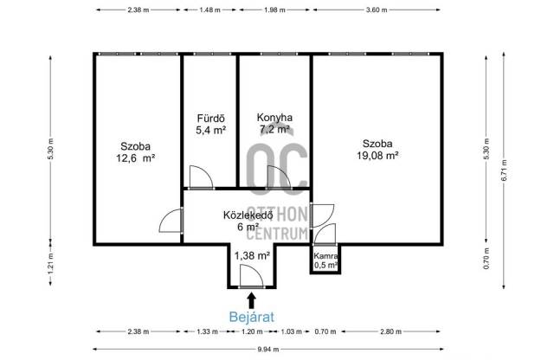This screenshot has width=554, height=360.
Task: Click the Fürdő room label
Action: click(211, 119)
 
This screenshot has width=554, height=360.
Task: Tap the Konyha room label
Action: click(274, 118)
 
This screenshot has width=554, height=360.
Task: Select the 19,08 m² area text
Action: click(377, 156)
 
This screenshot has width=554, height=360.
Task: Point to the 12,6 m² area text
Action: click(136, 157)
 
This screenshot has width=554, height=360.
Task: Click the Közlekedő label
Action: click(248, 215)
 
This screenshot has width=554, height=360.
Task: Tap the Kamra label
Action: click(325, 256)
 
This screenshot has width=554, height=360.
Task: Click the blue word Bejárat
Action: click(252, 317)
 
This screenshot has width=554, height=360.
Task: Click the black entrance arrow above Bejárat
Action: click(252, 301)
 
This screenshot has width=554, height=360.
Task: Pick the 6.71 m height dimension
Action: click(504, 170)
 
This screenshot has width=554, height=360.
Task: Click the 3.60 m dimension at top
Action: click(377, 10)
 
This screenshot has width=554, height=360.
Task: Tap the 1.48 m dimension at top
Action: click(209, 10)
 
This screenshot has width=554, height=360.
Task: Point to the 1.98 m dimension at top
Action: click(274, 10)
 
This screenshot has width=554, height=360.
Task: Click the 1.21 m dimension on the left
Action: click(50, 263)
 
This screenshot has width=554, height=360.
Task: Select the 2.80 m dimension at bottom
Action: click(390, 331)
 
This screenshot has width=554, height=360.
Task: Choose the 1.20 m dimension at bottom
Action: click(252, 331)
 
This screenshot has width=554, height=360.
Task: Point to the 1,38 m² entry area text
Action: click(252, 254)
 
